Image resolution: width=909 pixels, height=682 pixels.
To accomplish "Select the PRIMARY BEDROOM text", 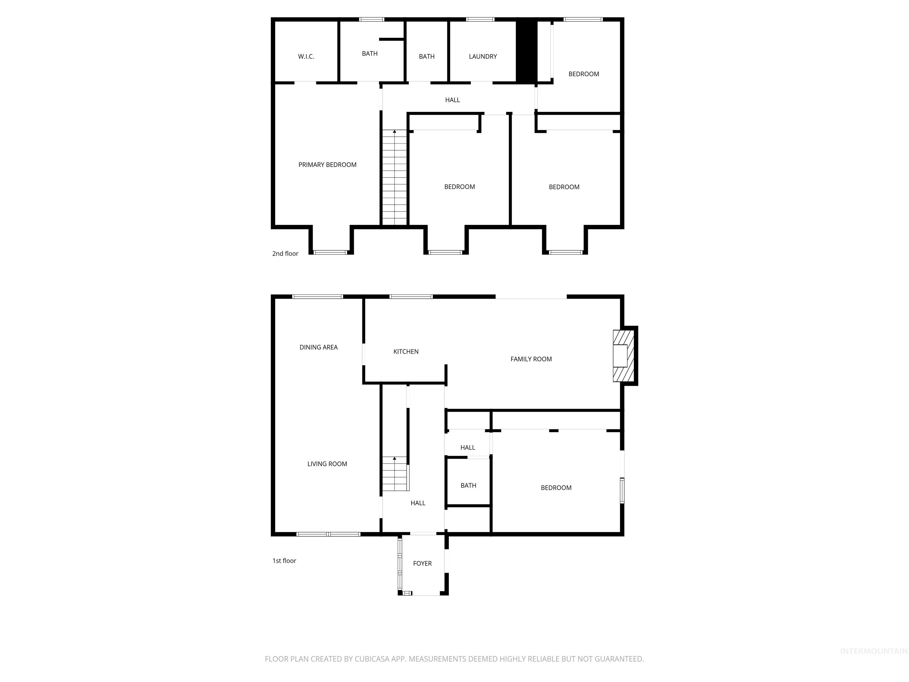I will (x=327, y=165).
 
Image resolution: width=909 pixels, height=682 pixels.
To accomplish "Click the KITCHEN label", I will (x=406, y=351).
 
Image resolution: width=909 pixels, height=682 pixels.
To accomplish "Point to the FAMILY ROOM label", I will (x=531, y=359).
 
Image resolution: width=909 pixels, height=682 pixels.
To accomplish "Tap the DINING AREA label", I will (x=318, y=348).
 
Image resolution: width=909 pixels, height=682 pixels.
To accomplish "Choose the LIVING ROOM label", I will (x=327, y=464).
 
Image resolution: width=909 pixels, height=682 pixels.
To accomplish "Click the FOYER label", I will (x=422, y=563).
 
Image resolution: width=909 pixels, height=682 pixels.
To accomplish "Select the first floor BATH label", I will (x=468, y=485).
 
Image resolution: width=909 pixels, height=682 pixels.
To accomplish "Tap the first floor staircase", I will (x=395, y=474).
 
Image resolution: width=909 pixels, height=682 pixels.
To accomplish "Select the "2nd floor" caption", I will (x=285, y=254).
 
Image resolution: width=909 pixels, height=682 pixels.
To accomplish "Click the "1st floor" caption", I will (x=284, y=561).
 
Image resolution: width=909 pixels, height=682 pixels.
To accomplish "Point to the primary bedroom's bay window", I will (x=331, y=252).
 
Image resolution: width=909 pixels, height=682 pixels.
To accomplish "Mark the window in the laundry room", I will (x=480, y=19).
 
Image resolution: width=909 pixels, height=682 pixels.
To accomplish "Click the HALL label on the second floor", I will (x=452, y=100).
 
